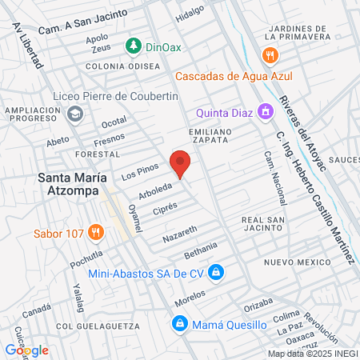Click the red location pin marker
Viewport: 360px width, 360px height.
181,163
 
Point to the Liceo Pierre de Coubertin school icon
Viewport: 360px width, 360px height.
75,113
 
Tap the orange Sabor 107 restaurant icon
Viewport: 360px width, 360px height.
96,234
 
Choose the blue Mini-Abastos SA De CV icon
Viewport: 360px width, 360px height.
215,273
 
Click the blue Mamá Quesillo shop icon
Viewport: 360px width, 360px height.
180,324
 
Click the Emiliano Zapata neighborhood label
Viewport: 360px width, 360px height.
215,134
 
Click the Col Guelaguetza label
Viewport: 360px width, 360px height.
94,326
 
